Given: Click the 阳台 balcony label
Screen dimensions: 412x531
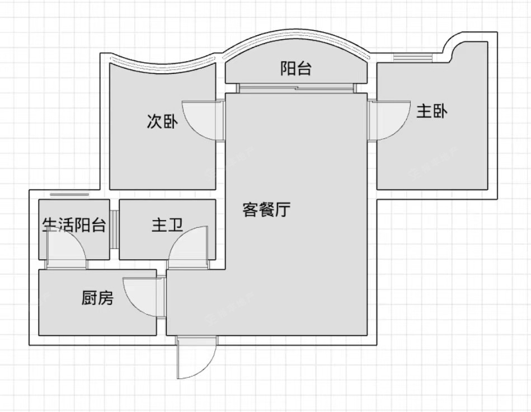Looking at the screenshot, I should click(296, 69).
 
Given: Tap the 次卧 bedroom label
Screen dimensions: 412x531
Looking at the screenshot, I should click(162, 121).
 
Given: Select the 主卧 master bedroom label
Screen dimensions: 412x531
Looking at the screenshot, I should click(431, 111).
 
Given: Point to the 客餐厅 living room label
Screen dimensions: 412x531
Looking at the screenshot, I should click(266, 210).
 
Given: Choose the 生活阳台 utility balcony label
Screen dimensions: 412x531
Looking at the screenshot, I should click(74, 226).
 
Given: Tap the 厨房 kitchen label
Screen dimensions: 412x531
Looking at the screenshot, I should click(97, 298).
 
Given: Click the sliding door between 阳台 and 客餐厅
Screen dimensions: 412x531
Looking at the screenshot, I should click(296, 88).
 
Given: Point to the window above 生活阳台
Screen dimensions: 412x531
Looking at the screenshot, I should click(69, 194).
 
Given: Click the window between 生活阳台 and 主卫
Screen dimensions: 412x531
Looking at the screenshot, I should click(114, 228).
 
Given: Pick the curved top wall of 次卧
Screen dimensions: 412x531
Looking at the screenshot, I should click(162, 60).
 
